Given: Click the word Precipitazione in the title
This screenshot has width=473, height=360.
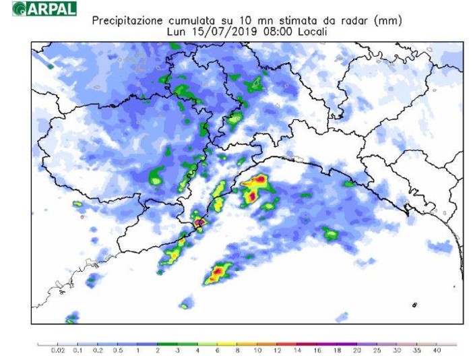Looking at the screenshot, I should coord(125,21).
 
